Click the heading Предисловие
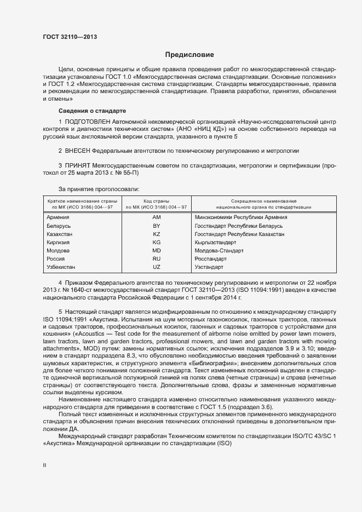point(190,55)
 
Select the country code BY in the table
point(156,226)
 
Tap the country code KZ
point(156,234)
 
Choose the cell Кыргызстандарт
point(215,242)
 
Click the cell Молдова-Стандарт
point(219,250)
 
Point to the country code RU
point(156,258)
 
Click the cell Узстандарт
point(209,267)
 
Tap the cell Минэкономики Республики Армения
point(240,217)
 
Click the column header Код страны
point(156,201)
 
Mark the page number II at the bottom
point(45,464)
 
